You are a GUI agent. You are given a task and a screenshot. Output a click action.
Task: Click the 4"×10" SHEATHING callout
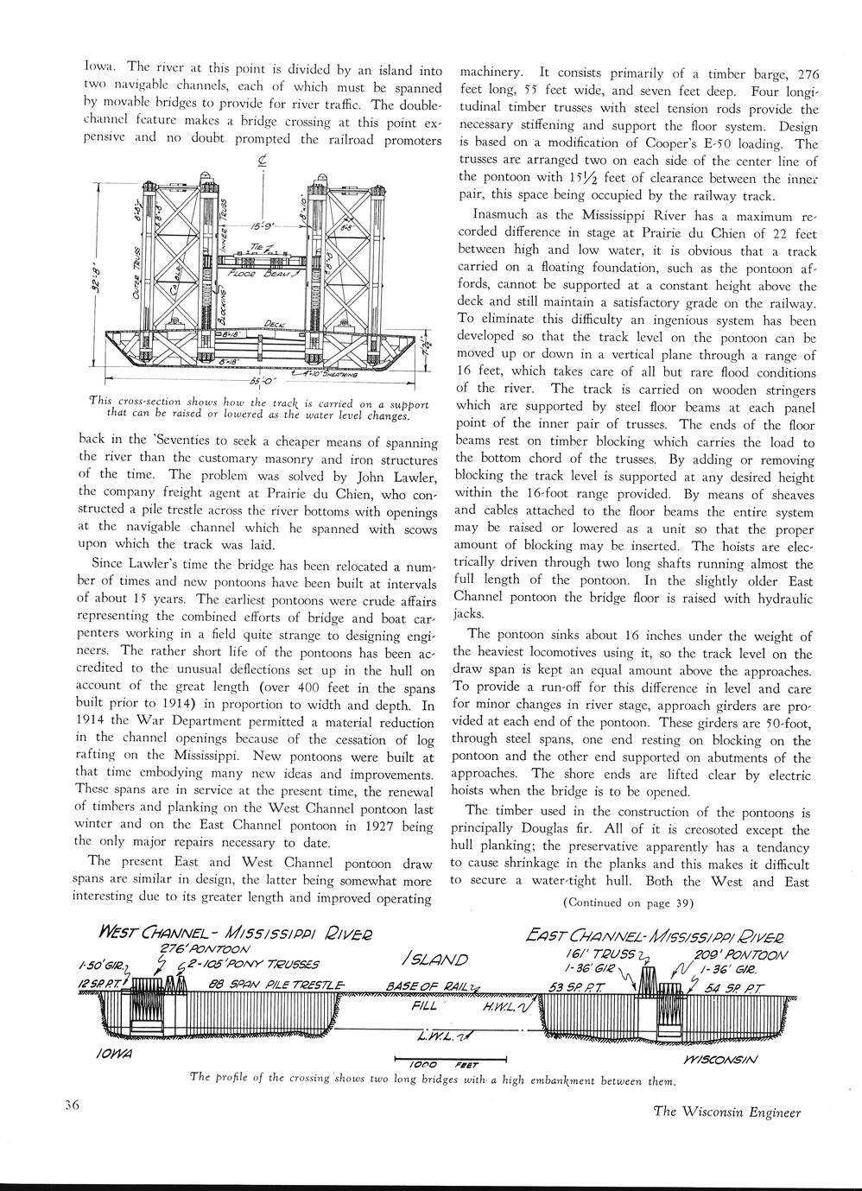(324, 373)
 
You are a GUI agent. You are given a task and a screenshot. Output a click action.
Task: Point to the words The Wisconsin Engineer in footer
(727, 1112)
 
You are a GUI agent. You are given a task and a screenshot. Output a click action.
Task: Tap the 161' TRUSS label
(612, 955)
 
